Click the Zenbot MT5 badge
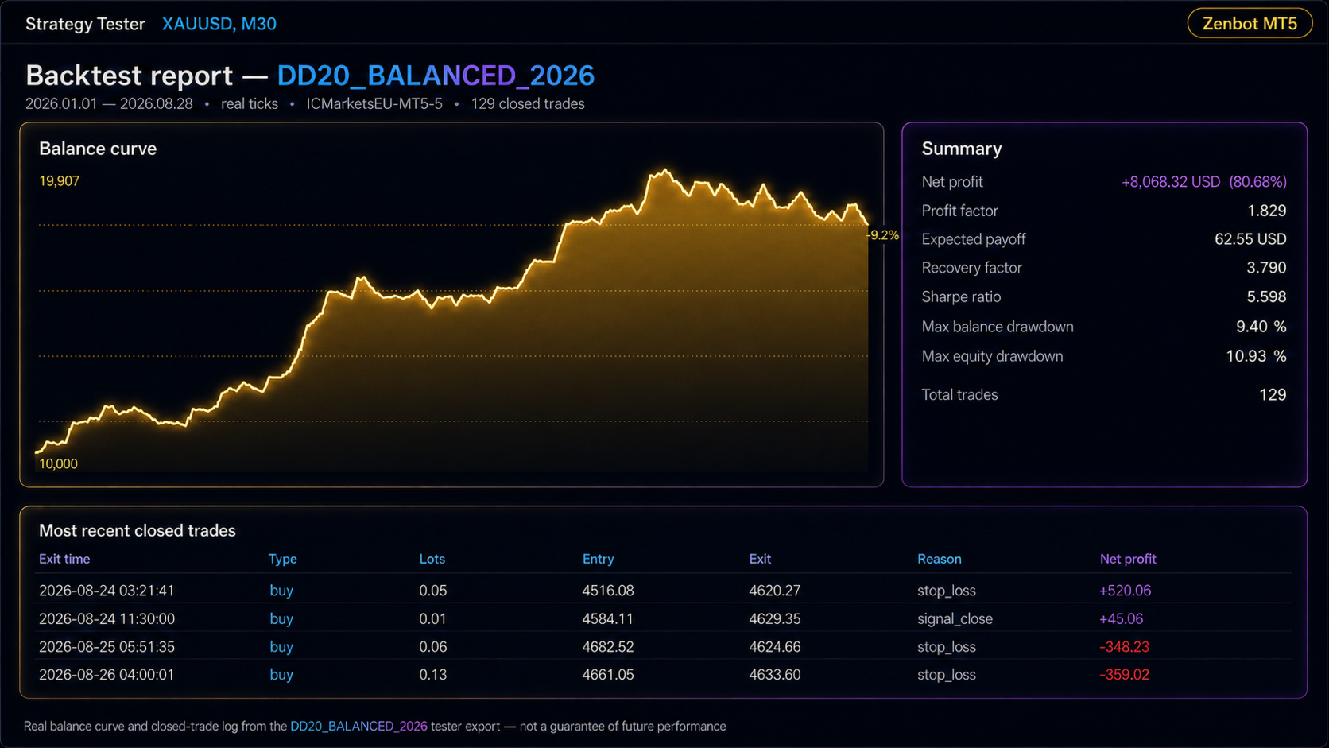coord(1250,24)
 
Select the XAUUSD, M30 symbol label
coord(219,24)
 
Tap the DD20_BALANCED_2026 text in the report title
coord(436,76)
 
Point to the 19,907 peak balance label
coord(60,181)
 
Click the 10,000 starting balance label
coord(58,464)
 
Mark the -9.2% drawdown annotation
coord(882,235)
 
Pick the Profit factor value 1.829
coord(1267,211)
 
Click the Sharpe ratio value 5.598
coord(1267,296)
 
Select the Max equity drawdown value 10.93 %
coord(1256,356)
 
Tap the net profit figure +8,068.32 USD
coord(1171,181)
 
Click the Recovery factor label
coord(972,268)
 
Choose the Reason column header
coord(940,559)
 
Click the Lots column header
coord(432,559)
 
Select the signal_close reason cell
coord(955,618)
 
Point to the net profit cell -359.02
coord(1124,674)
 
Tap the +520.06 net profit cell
coord(1125,591)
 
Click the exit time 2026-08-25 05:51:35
coord(107,646)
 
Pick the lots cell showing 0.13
coord(433,674)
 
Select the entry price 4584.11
coord(607,618)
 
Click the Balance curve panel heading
coord(98,149)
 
